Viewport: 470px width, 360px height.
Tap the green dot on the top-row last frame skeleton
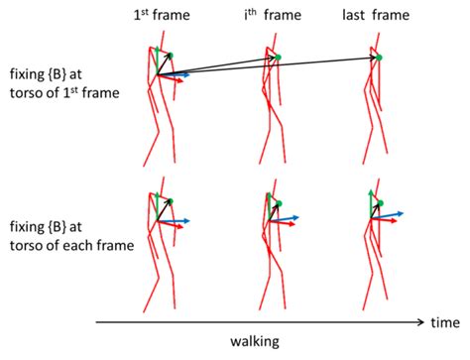[x=379, y=58]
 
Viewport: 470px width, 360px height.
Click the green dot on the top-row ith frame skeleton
[x=279, y=58]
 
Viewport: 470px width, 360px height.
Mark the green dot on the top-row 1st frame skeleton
[x=170, y=56]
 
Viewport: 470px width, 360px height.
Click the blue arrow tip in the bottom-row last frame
[x=403, y=212]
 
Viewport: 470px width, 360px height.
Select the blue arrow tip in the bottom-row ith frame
[x=300, y=217]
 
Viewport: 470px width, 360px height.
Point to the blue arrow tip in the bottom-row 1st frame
[x=188, y=220]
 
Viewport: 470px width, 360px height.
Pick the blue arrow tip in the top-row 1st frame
[x=187, y=73]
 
